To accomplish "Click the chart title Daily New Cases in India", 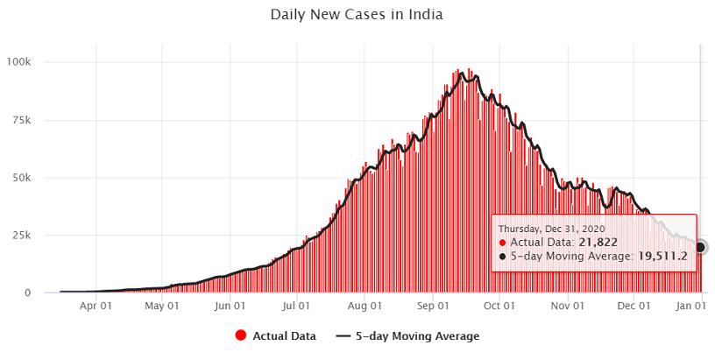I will click(357, 15).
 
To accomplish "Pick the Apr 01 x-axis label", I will click(95, 307).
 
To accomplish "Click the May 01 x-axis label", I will click(161, 307).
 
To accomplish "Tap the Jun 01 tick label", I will click(229, 307).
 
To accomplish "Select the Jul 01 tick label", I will click(296, 307).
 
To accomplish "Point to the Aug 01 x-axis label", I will click(364, 307).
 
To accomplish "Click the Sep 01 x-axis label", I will click(432, 307).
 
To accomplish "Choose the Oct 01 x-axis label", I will click(499, 307).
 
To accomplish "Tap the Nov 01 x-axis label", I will click(567, 307).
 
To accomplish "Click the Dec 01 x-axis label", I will click(634, 307).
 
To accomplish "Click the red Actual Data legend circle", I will click(240, 335).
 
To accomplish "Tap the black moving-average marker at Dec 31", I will click(701, 247).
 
